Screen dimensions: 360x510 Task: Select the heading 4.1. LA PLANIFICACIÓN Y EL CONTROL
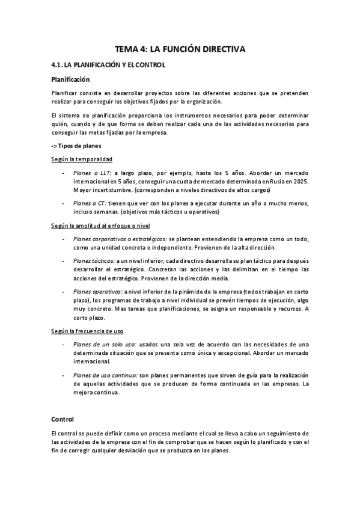point(108,64)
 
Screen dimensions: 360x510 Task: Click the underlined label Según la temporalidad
point(82,159)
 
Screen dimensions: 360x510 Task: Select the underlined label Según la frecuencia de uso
point(88,331)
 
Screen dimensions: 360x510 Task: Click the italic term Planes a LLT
point(91,172)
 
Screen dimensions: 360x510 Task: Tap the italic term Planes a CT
point(90,203)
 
